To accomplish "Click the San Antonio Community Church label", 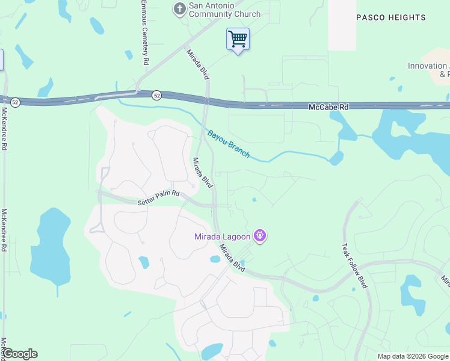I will coord(224,10).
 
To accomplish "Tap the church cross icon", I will coord(179,8).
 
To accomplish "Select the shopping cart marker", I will coord(238,40).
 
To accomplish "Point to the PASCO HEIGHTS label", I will coord(391,17).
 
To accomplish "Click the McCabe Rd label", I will coord(328,106).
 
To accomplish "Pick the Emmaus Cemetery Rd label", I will coord(144,32).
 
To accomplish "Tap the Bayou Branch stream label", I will coord(229,144).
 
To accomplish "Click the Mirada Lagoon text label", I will coord(222,236).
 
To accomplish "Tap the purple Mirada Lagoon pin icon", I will coord(260,235).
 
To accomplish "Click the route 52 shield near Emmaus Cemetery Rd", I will coord(156,95).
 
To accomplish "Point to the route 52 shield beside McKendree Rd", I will coord(15,103).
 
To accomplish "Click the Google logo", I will coord(19,354).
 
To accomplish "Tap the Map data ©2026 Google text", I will coord(413,356).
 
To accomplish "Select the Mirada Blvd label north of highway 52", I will coord(197,64).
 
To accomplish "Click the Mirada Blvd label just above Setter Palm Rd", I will coord(203,173).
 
